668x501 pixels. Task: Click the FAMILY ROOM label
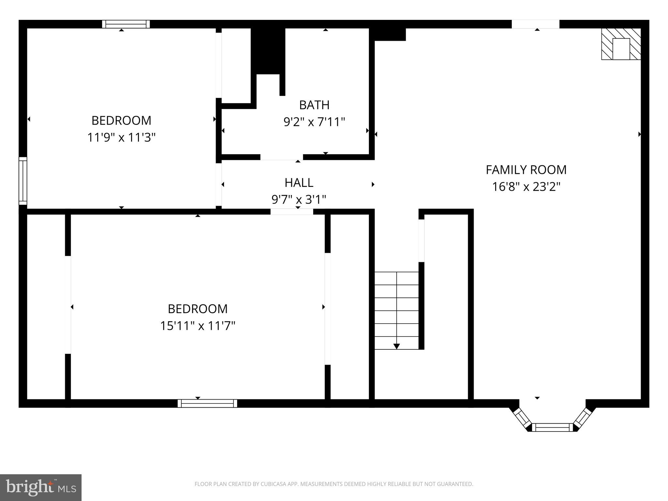(526, 170)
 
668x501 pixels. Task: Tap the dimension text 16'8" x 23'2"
(526, 187)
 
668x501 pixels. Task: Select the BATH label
(314, 105)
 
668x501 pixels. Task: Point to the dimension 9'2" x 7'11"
(314, 122)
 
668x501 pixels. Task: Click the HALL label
(299, 183)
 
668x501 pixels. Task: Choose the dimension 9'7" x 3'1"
(299, 199)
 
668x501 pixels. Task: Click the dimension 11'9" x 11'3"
(121, 138)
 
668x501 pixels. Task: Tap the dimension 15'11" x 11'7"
(198, 326)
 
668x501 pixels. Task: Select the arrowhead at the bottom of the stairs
(396, 346)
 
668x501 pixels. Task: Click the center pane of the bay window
(552, 427)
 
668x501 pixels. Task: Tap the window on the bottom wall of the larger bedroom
(207, 403)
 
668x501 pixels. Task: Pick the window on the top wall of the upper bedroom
(126, 24)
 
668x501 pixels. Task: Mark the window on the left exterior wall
(23, 181)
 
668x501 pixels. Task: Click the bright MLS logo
(41, 487)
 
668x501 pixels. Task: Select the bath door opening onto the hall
(281, 157)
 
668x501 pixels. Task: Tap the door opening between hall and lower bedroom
(292, 212)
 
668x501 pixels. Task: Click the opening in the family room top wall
(535, 24)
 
